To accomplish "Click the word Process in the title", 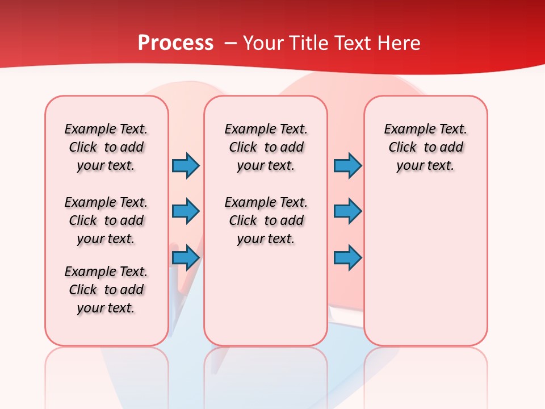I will point(175,43).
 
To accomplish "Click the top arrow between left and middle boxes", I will point(186,166).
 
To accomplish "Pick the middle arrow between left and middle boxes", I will point(186,212).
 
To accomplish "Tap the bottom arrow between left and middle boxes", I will point(186,258).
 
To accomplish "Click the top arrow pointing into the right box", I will point(347,166).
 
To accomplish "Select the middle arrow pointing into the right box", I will point(347,212).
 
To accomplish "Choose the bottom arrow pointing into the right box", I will point(347,258).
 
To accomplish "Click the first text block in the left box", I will point(106,147).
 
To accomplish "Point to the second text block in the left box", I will point(106,220).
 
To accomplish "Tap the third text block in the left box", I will point(106,290).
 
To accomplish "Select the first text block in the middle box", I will point(266,147).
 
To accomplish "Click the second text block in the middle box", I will point(266,220).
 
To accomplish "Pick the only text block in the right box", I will point(426,147).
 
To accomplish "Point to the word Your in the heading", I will point(263,43).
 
